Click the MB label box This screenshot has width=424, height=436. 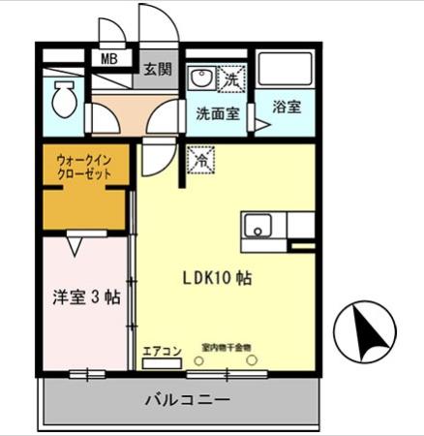[x=109, y=58]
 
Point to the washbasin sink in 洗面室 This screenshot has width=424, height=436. [x=201, y=78]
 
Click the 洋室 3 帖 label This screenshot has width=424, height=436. [x=85, y=298]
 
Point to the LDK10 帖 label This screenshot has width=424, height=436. [x=218, y=277]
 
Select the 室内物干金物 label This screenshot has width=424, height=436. [x=227, y=347]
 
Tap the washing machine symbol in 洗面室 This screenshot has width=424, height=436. [x=232, y=76]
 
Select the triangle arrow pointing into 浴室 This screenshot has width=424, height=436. [x=260, y=123]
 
